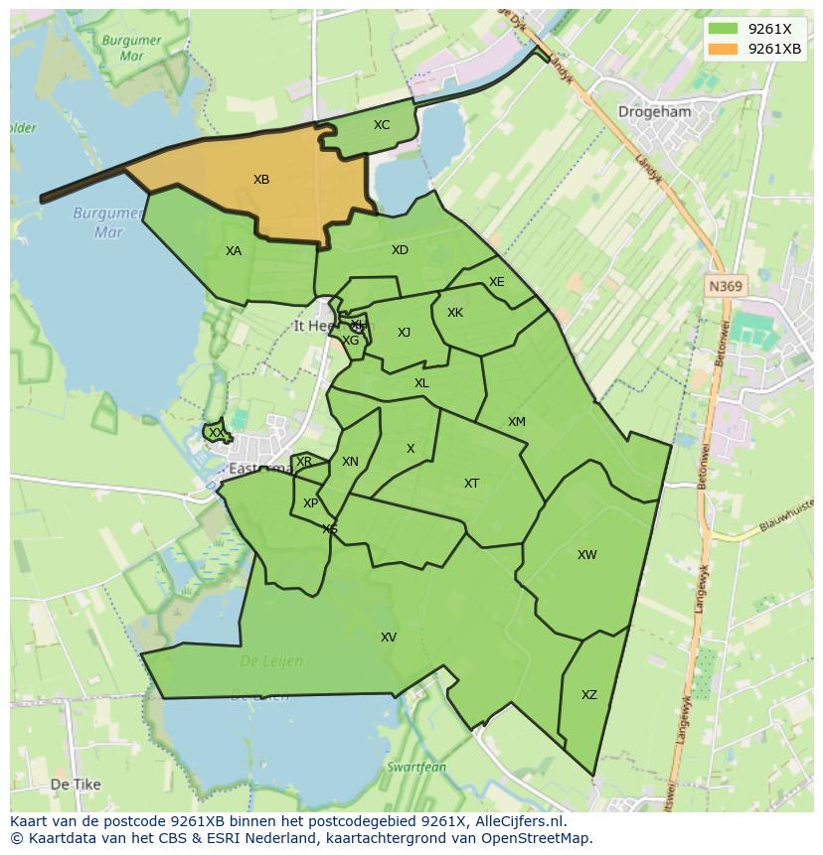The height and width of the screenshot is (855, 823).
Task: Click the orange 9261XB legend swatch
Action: click(724, 49)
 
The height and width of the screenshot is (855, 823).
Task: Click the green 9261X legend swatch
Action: click(724, 29)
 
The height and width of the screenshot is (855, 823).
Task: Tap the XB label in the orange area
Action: click(261, 180)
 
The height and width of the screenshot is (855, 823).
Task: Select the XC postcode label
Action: click(382, 125)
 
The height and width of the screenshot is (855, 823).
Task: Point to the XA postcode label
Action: click(234, 251)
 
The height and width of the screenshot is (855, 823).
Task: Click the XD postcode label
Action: click(400, 250)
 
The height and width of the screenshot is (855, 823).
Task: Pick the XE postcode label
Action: click(497, 282)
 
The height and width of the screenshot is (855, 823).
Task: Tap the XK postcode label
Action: click(455, 313)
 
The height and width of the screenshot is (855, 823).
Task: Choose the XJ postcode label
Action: click(404, 333)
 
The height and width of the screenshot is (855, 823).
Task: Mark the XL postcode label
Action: click(421, 383)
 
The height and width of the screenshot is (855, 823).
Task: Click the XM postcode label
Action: click(517, 422)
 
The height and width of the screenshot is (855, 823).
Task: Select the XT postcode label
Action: click(472, 484)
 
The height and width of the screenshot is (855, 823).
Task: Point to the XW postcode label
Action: click(587, 555)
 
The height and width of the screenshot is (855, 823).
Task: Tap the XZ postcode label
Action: click(589, 695)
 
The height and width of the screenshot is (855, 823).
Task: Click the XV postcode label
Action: click(389, 638)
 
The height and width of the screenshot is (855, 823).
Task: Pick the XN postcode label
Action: click(350, 462)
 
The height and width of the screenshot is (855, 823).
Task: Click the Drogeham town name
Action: click(654, 112)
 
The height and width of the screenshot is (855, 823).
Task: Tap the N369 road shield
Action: click(725, 286)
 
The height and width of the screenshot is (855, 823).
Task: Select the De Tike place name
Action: click(76, 784)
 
